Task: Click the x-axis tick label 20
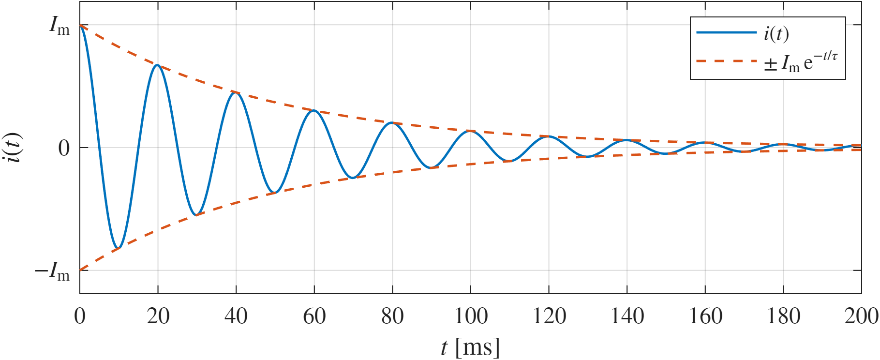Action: point(158,316)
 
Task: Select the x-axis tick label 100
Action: point(471,316)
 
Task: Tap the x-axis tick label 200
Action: point(861,316)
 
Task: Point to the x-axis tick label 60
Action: point(314,316)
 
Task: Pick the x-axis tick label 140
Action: point(627,316)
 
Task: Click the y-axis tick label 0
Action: point(64,148)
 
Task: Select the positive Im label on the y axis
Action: point(60,26)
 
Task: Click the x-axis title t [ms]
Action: point(470,347)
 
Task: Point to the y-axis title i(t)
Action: point(14,148)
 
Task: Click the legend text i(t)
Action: point(776,33)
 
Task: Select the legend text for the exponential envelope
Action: point(801,62)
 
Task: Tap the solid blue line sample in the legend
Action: point(726,32)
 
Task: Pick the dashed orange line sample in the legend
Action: point(726,61)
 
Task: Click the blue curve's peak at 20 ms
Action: point(157,65)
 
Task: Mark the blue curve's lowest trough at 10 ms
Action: point(118,248)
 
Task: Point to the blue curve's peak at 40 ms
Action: point(236,92)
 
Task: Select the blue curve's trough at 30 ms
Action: point(196,215)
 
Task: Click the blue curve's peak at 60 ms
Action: point(314,110)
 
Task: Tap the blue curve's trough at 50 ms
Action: point(275,193)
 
